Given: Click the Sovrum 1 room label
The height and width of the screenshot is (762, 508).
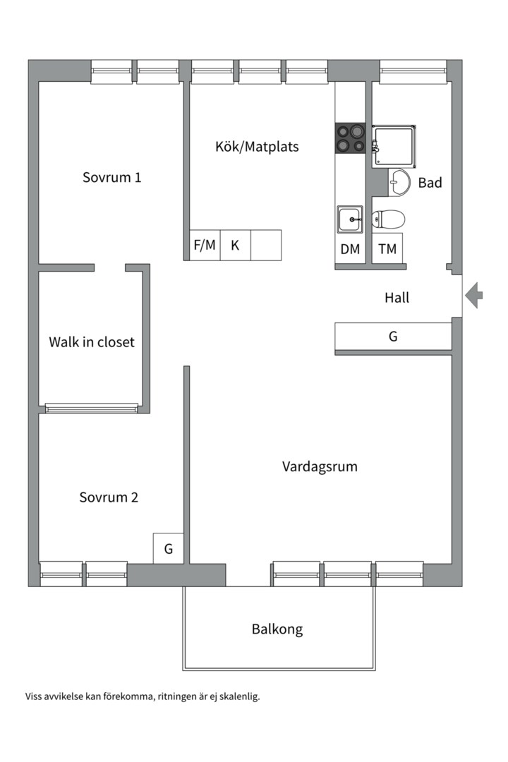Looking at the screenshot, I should click(x=111, y=177).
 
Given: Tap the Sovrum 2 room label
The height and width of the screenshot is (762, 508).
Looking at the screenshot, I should click(x=109, y=497).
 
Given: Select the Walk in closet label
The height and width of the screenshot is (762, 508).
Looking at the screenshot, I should click(x=91, y=342).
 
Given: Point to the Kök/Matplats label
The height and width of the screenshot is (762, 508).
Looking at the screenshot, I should click(x=257, y=147).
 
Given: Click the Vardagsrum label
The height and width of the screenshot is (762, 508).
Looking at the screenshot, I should click(x=320, y=466).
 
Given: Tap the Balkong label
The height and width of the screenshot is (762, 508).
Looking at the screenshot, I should click(x=277, y=629).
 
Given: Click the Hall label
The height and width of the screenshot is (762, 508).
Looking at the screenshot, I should click(x=397, y=298).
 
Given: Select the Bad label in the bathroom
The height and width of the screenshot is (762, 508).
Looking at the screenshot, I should click(x=430, y=183).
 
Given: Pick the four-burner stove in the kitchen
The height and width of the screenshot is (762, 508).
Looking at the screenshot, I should click(x=350, y=138).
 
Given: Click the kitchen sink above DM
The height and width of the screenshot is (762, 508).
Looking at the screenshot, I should click(x=350, y=219).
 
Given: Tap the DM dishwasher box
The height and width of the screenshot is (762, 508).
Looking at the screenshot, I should click(x=350, y=249).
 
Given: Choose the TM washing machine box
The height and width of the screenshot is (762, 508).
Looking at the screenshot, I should click(x=387, y=249).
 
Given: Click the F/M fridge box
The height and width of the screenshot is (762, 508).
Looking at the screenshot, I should click(x=205, y=246).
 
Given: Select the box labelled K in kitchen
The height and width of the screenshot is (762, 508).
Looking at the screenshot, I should click(x=236, y=246).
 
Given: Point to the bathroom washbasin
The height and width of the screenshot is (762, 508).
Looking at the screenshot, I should click(x=399, y=182).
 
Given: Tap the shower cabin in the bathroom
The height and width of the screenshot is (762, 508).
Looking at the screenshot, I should click(x=394, y=146).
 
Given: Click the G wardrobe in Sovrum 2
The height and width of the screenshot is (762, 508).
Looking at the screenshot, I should click(x=169, y=548).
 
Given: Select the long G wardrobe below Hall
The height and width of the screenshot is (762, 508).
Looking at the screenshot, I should click(x=393, y=337).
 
